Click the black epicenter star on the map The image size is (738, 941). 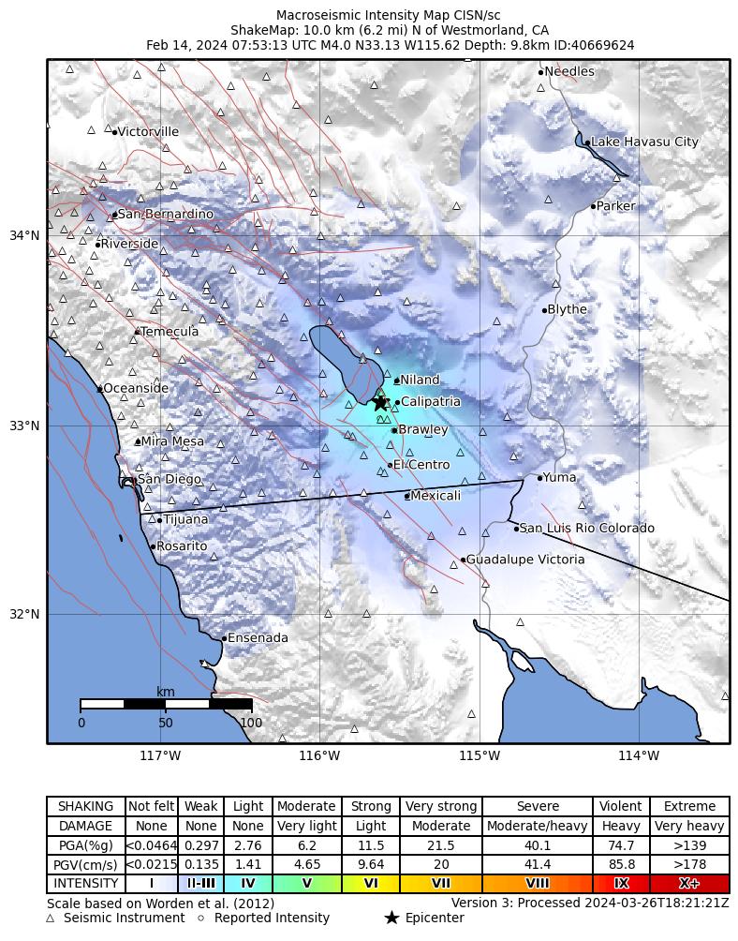click(x=380, y=402)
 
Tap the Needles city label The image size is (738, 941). click(x=568, y=71)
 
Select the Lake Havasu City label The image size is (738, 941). click(x=644, y=142)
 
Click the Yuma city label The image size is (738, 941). click(x=560, y=477)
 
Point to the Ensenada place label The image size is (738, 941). click(x=258, y=638)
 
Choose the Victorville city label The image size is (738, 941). click(x=148, y=132)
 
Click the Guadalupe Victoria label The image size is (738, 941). click(x=525, y=560)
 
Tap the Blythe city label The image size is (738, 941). click(x=567, y=309)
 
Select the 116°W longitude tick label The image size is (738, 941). click(x=319, y=756)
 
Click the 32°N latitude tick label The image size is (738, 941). click(x=24, y=615)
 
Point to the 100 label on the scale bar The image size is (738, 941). click(x=251, y=723)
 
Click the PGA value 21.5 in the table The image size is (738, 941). click(x=441, y=845)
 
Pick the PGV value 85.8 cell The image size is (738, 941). click(x=621, y=864)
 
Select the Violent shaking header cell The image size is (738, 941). click(x=621, y=806)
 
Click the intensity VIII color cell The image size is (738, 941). click(x=538, y=883)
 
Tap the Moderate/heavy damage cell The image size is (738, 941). click(x=538, y=826)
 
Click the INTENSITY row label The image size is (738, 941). click(x=86, y=883)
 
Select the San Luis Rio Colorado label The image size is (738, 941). click(x=587, y=529)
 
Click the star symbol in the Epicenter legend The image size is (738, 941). click(x=391, y=919)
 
